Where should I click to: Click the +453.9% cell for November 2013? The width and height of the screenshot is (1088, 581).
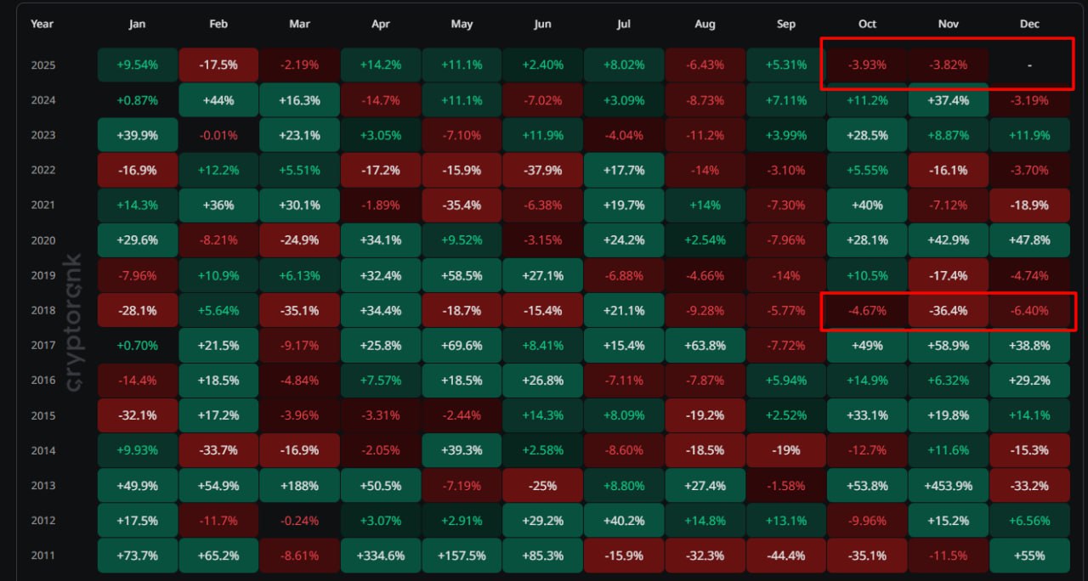coord(948,486)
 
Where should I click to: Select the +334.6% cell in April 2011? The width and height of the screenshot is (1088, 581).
coord(380,556)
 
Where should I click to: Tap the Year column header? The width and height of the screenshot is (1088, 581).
coord(42,24)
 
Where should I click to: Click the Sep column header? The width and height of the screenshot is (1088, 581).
coord(785,24)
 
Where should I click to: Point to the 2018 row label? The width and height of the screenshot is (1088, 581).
coord(42,311)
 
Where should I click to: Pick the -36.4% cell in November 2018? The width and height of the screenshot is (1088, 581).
coord(948,311)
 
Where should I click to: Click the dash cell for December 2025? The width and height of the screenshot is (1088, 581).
coord(1029,65)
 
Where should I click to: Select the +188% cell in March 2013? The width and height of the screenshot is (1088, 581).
coord(299,486)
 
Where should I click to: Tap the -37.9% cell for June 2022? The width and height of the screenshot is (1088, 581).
coord(542,170)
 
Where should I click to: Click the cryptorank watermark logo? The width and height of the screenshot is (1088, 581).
coord(74,323)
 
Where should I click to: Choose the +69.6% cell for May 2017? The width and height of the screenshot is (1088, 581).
coord(462,346)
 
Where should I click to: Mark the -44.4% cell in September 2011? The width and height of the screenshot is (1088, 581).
coord(785,556)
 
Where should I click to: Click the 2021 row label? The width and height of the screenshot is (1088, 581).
coord(42,206)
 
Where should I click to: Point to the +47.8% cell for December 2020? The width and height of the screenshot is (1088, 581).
coord(1029,240)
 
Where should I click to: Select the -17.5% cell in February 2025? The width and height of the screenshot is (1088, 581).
coord(218,65)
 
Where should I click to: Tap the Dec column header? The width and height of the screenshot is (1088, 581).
coord(1029,24)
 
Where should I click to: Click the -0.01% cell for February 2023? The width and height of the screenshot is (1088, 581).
coord(218,135)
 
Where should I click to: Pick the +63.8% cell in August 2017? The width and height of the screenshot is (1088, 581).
coord(705,346)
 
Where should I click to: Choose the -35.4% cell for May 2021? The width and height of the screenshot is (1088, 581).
coord(462,206)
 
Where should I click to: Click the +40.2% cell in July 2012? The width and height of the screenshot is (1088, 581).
coord(624,521)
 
